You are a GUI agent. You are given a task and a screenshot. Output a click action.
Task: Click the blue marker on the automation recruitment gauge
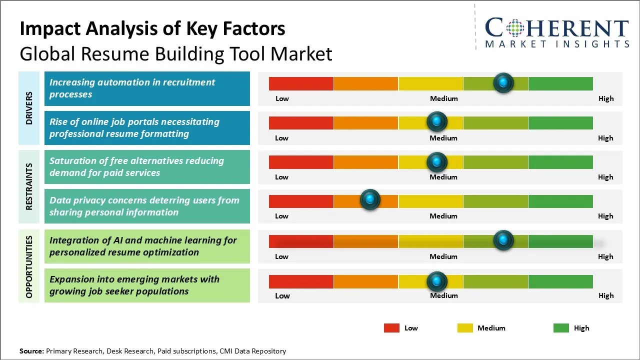[x=503, y=82]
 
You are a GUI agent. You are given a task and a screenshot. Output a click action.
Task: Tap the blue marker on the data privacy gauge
[x=370, y=200]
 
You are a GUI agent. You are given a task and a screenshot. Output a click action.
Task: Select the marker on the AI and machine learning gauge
[x=503, y=240]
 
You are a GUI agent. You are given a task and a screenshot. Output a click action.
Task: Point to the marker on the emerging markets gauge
[x=437, y=281]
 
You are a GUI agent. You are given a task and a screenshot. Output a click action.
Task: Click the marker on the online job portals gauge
[x=437, y=121]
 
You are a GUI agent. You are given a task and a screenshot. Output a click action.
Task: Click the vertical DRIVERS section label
[x=29, y=108]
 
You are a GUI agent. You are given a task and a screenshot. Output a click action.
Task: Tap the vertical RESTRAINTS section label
[x=29, y=186]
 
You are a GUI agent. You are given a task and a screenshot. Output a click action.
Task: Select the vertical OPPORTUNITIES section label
[x=29, y=267]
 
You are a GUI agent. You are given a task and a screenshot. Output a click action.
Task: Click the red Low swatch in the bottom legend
[x=391, y=328]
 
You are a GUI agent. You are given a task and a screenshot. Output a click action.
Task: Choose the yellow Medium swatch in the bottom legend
[x=465, y=328]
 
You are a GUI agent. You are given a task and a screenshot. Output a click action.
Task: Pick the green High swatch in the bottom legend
[x=561, y=328]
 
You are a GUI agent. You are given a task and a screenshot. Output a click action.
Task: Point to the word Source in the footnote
[x=31, y=351]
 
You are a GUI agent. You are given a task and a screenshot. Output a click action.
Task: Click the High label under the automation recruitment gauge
[x=606, y=98]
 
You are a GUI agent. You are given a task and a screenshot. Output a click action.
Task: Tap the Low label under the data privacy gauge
[x=281, y=216]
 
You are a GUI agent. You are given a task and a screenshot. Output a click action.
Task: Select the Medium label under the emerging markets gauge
[x=444, y=295]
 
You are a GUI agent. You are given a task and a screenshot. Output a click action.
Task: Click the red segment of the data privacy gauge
[x=301, y=201]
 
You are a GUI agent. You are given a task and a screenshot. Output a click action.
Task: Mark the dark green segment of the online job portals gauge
[x=560, y=122]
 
